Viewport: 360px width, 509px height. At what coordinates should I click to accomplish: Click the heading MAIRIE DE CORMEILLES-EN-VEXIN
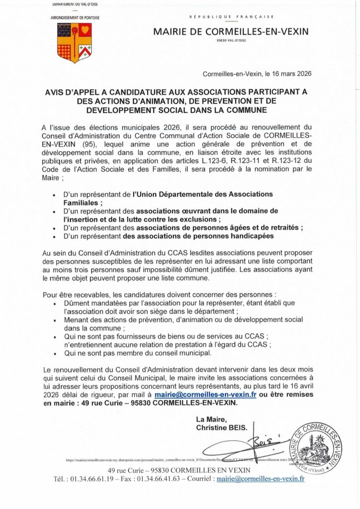click(231, 31)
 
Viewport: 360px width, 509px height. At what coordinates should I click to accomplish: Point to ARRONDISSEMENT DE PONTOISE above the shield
click(75, 18)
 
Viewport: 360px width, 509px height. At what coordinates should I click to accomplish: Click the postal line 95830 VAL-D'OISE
click(231, 42)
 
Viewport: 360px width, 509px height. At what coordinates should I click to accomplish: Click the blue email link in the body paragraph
click(205, 394)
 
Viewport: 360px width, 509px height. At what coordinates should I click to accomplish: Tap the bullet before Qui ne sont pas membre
click(54, 353)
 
